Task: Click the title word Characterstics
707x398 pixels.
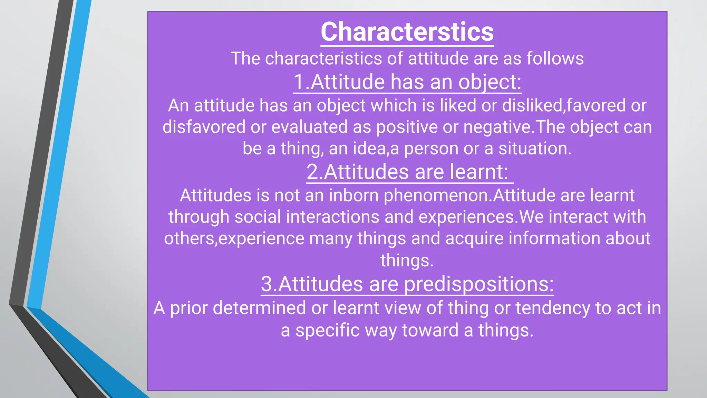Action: tap(407, 32)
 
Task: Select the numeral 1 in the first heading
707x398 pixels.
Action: tap(299, 82)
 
